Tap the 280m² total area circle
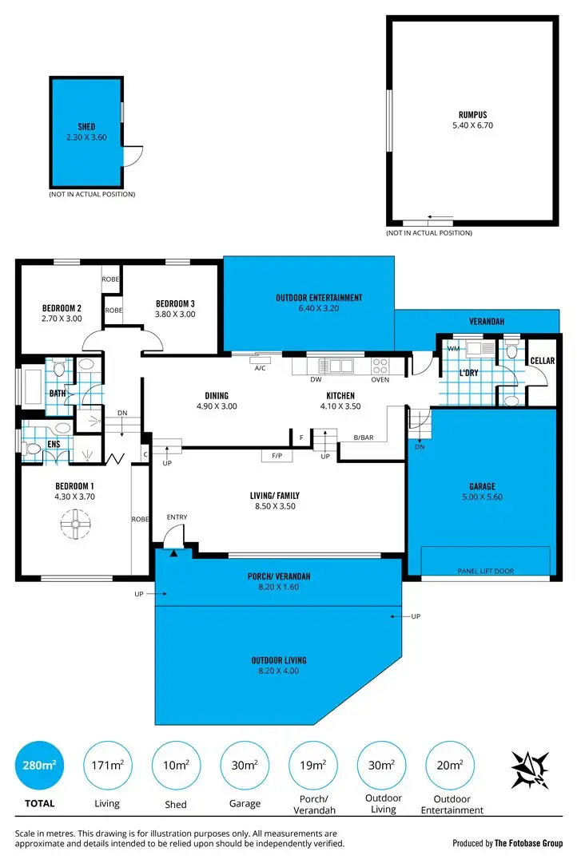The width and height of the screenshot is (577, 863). pyautogui.click(x=38, y=766)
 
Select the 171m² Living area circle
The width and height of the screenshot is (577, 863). pyautogui.click(x=106, y=766)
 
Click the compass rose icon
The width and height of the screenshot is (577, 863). pyautogui.click(x=530, y=769)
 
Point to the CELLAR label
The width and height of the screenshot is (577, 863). pyautogui.click(x=542, y=361)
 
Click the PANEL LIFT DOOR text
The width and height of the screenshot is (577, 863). pyautogui.click(x=485, y=571)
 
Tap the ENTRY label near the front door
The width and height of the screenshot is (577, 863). pyautogui.click(x=177, y=517)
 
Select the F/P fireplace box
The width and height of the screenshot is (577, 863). pyautogui.click(x=277, y=456)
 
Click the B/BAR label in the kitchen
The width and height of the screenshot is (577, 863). pyautogui.click(x=364, y=436)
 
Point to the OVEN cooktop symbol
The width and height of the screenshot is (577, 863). pyautogui.click(x=380, y=366)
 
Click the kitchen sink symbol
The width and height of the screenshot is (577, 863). pyautogui.click(x=336, y=366)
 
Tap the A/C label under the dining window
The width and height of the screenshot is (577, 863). pyautogui.click(x=260, y=368)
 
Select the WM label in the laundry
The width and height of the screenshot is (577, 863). pyautogui.click(x=452, y=349)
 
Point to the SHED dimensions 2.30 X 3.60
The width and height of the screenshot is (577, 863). pyautogui.click(x=86, y=137)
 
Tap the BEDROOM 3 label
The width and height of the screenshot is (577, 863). pyautogui.click(x=175, y=303)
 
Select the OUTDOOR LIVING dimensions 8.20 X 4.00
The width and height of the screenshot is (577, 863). pyautogui.click(x=278, y=671)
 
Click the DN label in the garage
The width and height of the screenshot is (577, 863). pyautogui.click(x=420, y=447)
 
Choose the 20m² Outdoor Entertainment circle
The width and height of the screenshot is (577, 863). pyautogui.click(x=449, y=766)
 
